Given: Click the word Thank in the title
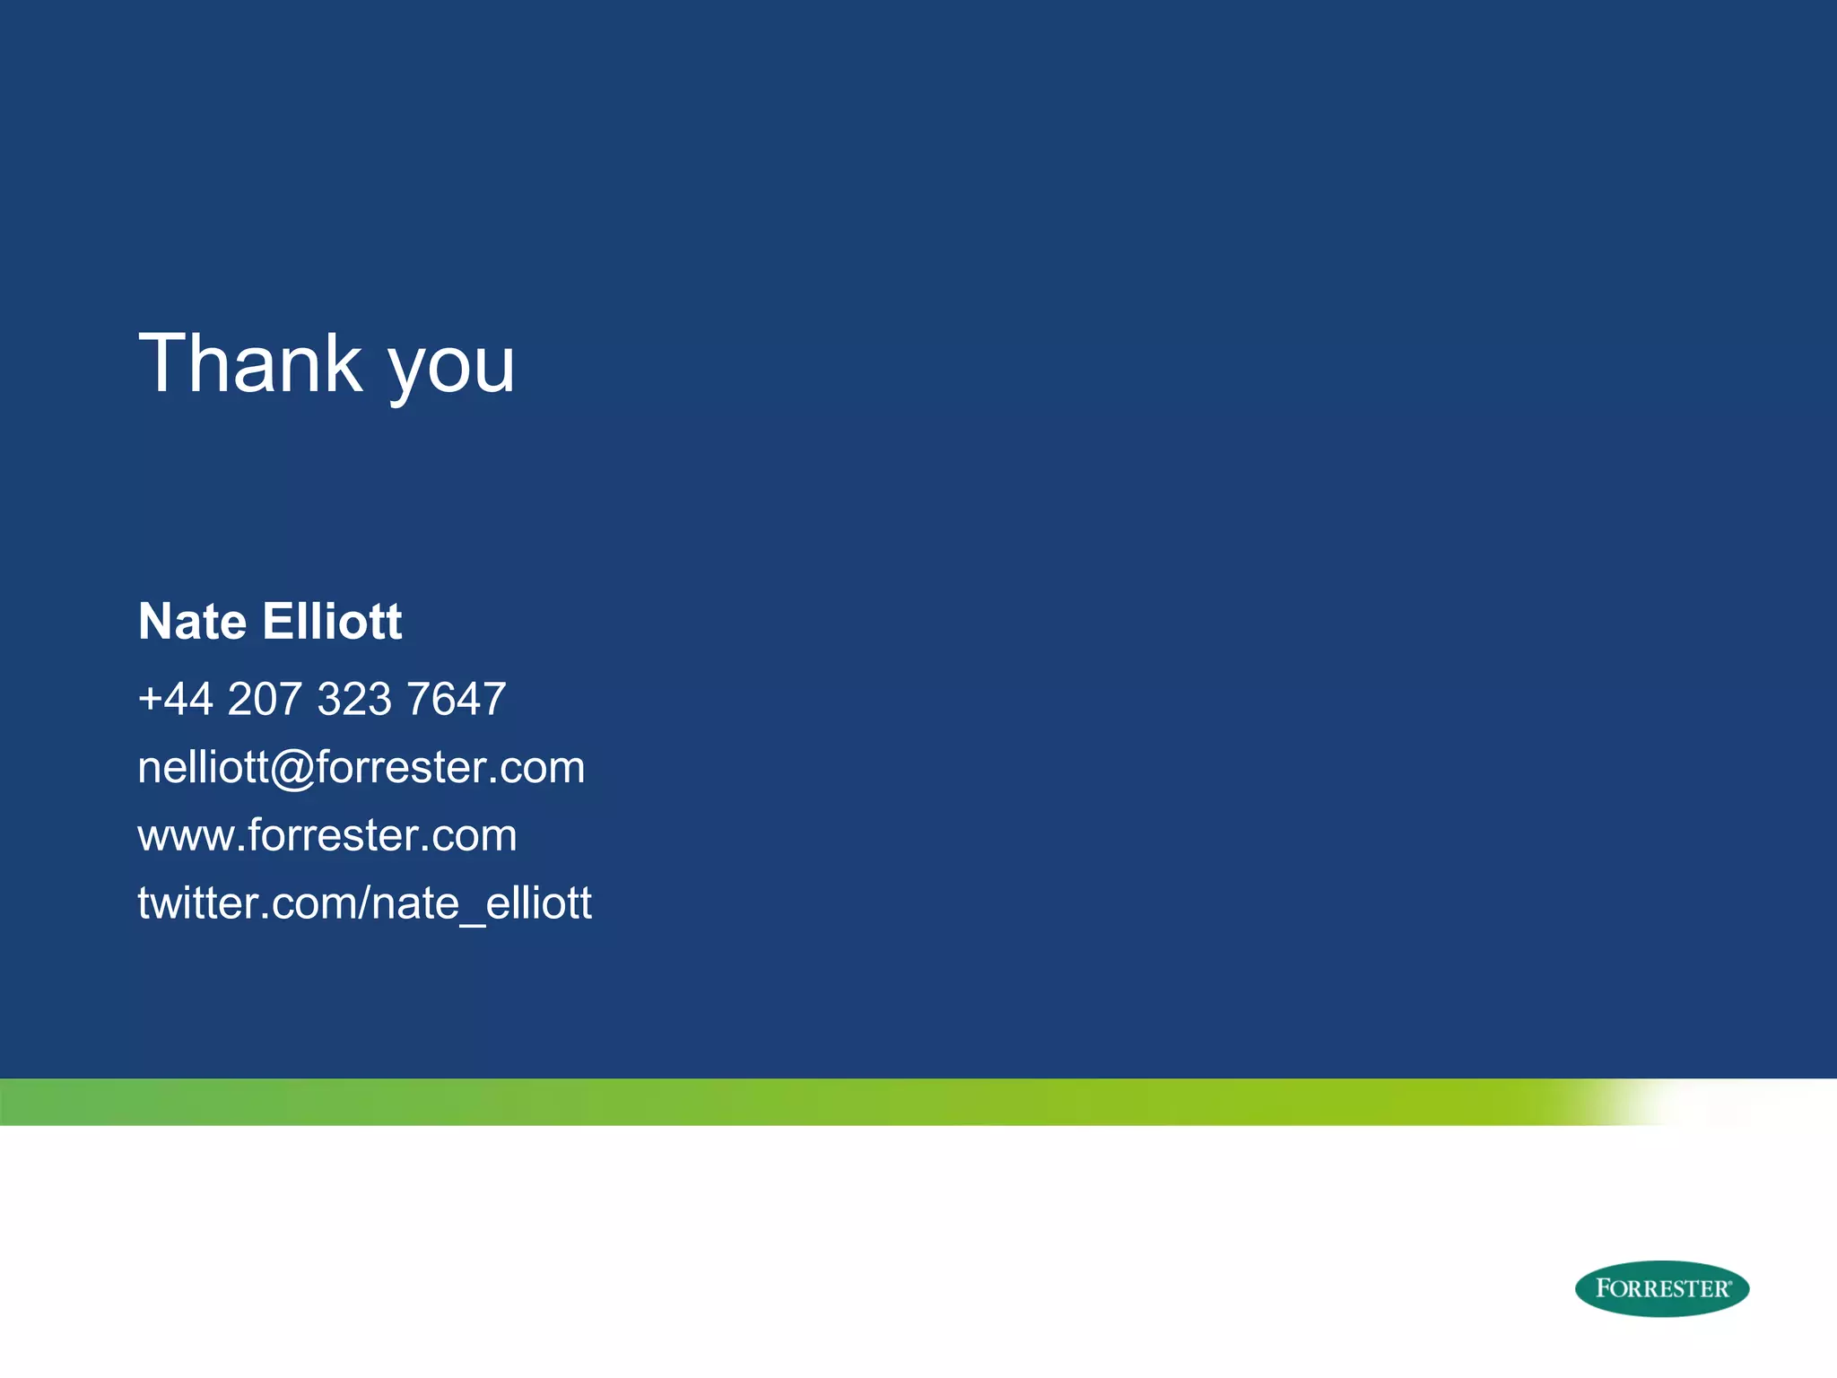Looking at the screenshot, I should (250, 363).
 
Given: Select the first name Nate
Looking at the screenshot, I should (192, 621).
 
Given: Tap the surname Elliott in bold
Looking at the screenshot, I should (333, 621).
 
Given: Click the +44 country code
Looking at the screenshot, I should (175, 699).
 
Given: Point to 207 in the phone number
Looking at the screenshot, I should (265, 699).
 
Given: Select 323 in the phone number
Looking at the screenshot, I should (354, 699).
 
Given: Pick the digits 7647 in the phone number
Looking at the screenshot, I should (457, 699).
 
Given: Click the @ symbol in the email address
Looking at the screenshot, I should (292, 769).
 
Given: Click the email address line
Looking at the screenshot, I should (361, 767).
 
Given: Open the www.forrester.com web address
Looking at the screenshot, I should (327, 835).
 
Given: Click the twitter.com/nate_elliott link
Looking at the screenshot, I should (364, 903).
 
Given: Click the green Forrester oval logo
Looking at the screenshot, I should (1661, 1288).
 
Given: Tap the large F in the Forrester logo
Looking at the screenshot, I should (1604, 1288).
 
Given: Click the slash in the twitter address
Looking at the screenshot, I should (364, 903).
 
